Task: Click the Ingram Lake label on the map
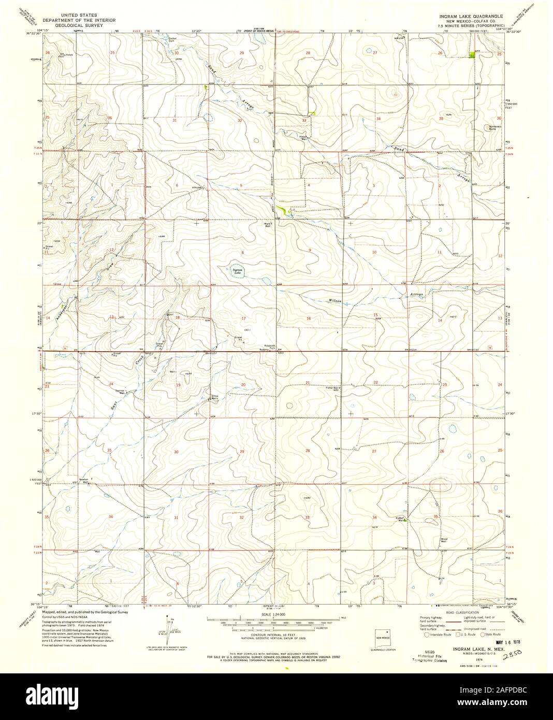[x=237, y=270]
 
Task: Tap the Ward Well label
[x=268, y=225]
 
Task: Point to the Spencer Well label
[x=121, y=393]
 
